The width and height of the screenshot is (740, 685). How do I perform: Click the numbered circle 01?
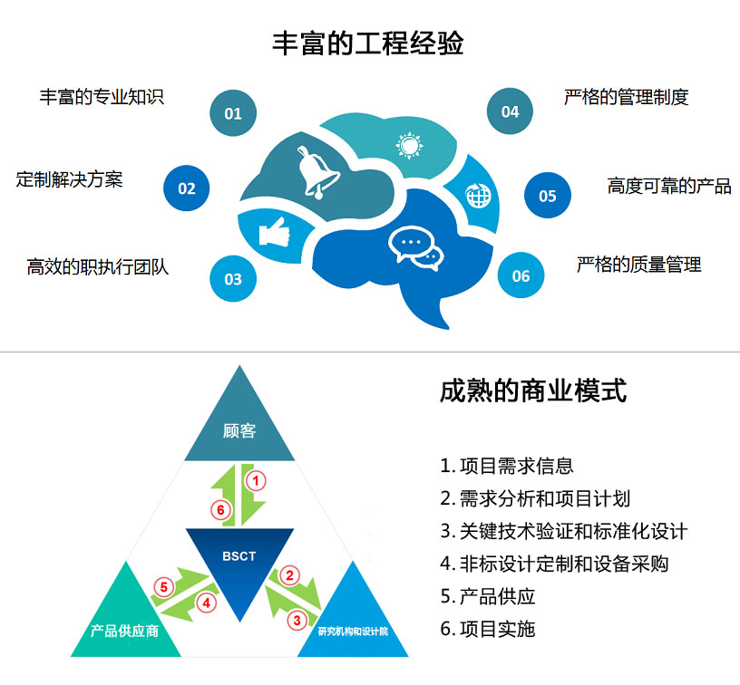pyautogui.click(x=233, y=113)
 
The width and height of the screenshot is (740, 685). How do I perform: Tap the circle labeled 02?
pyautogui.click(x=187, y=188)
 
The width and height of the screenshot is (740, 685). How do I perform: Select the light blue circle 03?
pyautogui.click(x=233, y=278)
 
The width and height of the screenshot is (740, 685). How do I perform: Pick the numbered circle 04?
pyautogui.click(x=510, y=111)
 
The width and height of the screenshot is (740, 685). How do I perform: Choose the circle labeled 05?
pyautogui.click(x=548, y=195)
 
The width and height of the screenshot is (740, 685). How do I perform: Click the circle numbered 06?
pyautogui.click(x=521, y=275)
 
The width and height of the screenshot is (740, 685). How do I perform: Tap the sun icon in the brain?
pyautogui.click(x=408, y=145)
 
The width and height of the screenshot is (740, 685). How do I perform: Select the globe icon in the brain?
pyautogui.click(x=476, y=195)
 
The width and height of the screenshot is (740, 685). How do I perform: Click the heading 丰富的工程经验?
pyautogui.click(x=368, y=43)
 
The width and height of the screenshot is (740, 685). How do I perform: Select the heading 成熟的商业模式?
pyautogui.click(x=533, y=391)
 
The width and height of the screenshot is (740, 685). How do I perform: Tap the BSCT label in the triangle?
pyautogui.click(x=239, y=556)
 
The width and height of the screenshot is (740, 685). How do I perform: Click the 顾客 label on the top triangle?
pyautogui.click(x=239, y=431)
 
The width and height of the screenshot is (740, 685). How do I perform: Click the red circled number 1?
pyautogui.click(x=257, y=480)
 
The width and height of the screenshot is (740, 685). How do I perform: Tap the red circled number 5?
pyautogui.click(x=164, y=586)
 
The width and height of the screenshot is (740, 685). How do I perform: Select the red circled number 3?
pyautogui.click(x=297, y=621)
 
